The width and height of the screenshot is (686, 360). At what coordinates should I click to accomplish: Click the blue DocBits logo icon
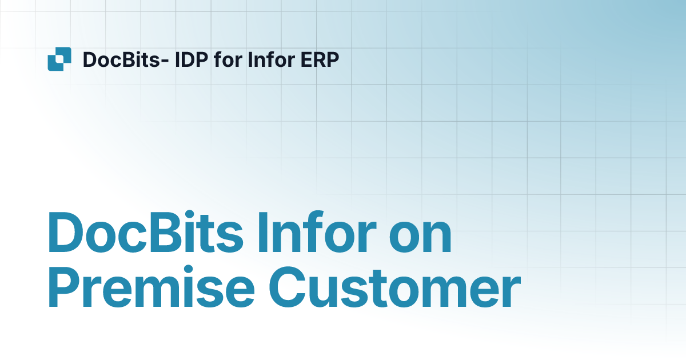click(59, 59)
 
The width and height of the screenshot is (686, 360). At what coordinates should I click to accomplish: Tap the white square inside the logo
click(59, 59)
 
